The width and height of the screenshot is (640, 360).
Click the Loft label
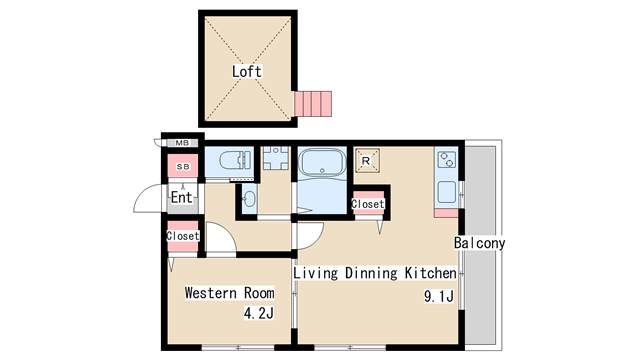click(x=247, y=71)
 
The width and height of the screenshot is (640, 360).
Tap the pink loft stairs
click(x=313, y=104)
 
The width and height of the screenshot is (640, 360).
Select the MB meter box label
click(x=182, y=143)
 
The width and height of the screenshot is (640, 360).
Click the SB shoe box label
click(x=183, y=167)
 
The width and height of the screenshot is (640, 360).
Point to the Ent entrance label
click(x=181, y=198)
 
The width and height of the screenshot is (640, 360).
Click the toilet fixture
click(x=235, y=160)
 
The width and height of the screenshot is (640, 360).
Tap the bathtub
click(x=322, y=162)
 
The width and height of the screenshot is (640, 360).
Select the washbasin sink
click(x=249, y=199)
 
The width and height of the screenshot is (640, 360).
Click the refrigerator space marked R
click(x=367, y=160)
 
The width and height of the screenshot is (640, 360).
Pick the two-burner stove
click(x=447, y=159)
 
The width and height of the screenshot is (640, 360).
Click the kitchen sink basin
click(x=447, y=192)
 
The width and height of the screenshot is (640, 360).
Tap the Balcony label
click(x=480, y=243)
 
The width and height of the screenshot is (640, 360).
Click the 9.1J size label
click(x=439, y=296)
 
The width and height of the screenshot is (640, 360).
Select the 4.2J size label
click(x=259, y=313)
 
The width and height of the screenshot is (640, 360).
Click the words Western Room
click(x=229, y=293)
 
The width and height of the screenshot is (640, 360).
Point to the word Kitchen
click(x=431, y=273)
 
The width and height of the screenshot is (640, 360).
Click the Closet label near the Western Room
click(x=182, y=236)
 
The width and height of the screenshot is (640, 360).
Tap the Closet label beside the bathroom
click(x=368, y=204)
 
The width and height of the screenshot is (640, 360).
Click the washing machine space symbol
click(x=276, y=158)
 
